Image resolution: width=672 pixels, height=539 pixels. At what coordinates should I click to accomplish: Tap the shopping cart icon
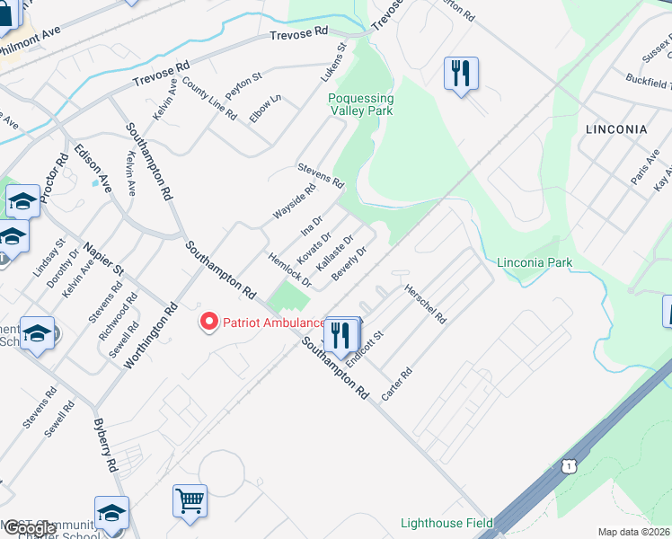pos(190,499)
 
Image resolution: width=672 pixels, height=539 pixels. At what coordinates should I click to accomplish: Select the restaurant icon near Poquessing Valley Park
pos(461,73)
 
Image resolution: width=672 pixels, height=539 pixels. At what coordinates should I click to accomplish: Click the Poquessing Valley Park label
pos(360,105)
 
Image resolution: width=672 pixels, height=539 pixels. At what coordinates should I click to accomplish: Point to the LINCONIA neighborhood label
pos(616,129)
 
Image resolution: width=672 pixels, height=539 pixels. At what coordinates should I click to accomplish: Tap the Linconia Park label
pos(535,262)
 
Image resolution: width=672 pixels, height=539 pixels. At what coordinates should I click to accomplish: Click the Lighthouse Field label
pos(445,523)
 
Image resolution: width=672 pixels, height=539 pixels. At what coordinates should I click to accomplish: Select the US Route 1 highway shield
pos(567,466)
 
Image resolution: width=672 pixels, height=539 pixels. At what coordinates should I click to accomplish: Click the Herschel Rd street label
pos(426,304)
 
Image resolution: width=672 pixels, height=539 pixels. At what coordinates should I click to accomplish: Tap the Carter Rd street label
pos(396,384)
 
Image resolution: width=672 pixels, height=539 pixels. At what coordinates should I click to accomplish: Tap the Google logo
pos(29,529)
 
